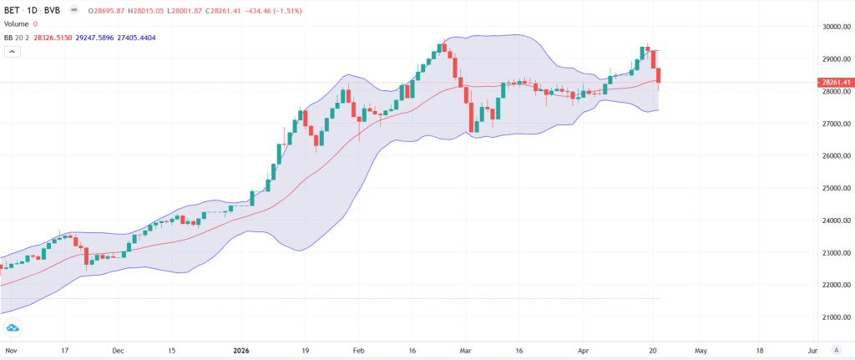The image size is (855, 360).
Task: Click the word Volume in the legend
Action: click(x=16, y=23)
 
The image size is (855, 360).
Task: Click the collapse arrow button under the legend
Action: click(x=13, y=52)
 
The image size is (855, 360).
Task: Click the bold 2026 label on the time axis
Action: click(x=241, y=351)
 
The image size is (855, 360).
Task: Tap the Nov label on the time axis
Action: click(x=11, y=351)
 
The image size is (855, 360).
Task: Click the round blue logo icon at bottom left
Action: click(x=13, y=329)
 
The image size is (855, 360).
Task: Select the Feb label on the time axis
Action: click(x=359, y=351)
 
